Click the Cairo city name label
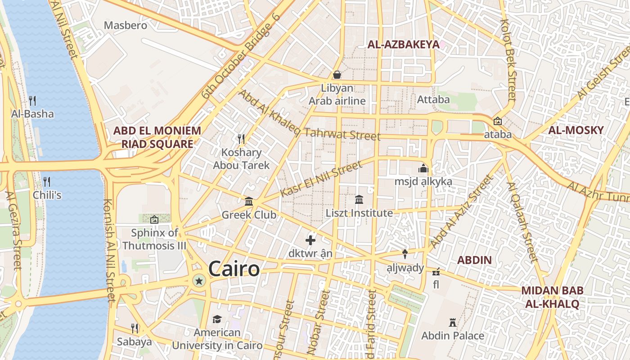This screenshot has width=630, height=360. point(234,269)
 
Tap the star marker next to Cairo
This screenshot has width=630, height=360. point(198,281)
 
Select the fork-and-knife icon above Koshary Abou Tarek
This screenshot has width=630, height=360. point(241,139)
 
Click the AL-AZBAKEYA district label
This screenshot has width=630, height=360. point(403,44)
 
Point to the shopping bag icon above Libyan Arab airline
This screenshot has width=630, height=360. point(337,75)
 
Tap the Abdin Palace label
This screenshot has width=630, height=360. point(453,336)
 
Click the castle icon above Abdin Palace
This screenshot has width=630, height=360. point(453,322)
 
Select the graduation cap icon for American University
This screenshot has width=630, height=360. point(217,319)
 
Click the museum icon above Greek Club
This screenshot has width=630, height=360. point(249,201)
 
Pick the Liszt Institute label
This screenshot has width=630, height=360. point(359,213)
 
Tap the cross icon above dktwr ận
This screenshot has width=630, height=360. point(310,240)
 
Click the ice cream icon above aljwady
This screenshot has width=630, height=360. point(405,254)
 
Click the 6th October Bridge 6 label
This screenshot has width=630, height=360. point(241,56)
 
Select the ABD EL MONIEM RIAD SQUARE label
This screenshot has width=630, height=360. point(157,137)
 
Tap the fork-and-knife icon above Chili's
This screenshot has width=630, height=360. point(46,181)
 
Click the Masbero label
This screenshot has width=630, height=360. point(126,25)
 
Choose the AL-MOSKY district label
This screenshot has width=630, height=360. point(576,130)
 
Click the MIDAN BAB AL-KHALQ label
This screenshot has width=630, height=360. point(552,297)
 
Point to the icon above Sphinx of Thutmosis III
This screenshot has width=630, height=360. point(154,220)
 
